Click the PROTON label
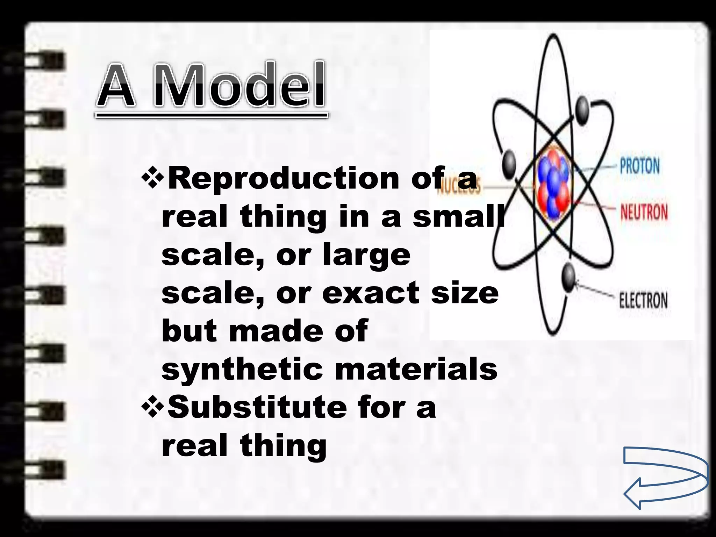[640, 166]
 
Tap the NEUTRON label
[644, 212]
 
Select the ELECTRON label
[643, 300]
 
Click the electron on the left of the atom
[509, 163]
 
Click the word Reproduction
[284, 179]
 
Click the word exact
[371, 293]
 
